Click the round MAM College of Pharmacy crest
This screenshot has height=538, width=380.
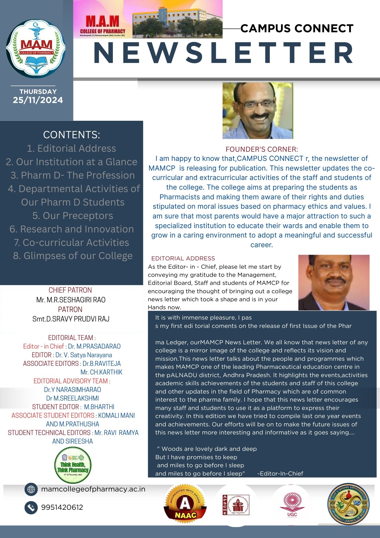pyautogui.click(x=36, y=49)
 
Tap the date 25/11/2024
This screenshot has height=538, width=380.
pyautogui.click(x=38, y=100)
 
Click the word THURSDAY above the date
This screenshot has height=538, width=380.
pyautogui.click(x=38, y=91)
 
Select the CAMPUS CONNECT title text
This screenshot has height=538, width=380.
pyautogui.click(x=297, y=29)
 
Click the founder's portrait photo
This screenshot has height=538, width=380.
pyautogui.click(x=257, y=111)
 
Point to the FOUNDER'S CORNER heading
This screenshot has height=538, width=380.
pyautogui.click(x=261, y=149)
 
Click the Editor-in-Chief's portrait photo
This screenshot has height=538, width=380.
pyautogui.click(x=334, y=282)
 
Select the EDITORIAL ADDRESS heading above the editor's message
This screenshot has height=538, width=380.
pyautogui.click(x=183, y=259)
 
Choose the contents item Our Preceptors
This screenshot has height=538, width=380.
pyautogui.click(x=73, y=216)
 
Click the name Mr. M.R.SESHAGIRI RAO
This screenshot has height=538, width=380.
pyautogui.click(x=71, y=300)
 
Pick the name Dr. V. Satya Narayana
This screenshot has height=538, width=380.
pyautogui.click(x=84, y=355)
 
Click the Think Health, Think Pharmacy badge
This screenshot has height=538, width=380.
pyautogui.click(x=73, y=465)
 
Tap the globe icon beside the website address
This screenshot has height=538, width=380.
pyautogui.click(x=31, y=489)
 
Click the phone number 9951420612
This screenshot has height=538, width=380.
pyautogui.click(x=62, y=507)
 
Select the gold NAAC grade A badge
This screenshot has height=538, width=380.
pyautogui.click(x=185, y=505)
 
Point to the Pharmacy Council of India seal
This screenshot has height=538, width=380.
pyautogui.click(x=349, y=504)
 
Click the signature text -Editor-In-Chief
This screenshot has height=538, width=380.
pyautogui.click(x=280, y=473)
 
